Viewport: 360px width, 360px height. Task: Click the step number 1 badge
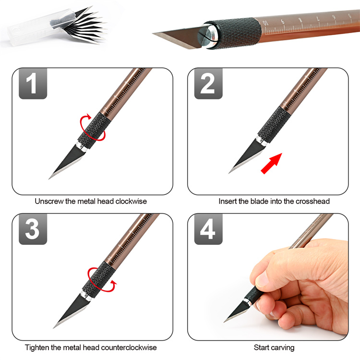[33, 84]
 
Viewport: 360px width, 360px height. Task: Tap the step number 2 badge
[208, 84]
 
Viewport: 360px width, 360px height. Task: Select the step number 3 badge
[33, 229]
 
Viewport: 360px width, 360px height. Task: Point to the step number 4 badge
[208, 229]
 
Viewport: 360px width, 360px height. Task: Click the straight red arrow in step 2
[271, 163]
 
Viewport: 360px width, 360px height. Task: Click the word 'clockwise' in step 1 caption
[131, 201]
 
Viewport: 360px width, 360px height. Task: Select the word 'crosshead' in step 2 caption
[312, 201]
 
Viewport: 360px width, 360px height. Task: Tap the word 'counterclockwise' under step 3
[129, 348]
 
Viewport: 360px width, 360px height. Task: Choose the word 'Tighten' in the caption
[37, 348]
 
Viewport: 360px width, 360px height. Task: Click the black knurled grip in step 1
[94, 130]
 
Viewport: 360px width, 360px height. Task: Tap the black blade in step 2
[246, 156]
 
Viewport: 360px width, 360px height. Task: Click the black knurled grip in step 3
[99, 280]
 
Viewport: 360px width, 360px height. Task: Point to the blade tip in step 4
[224, 322]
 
